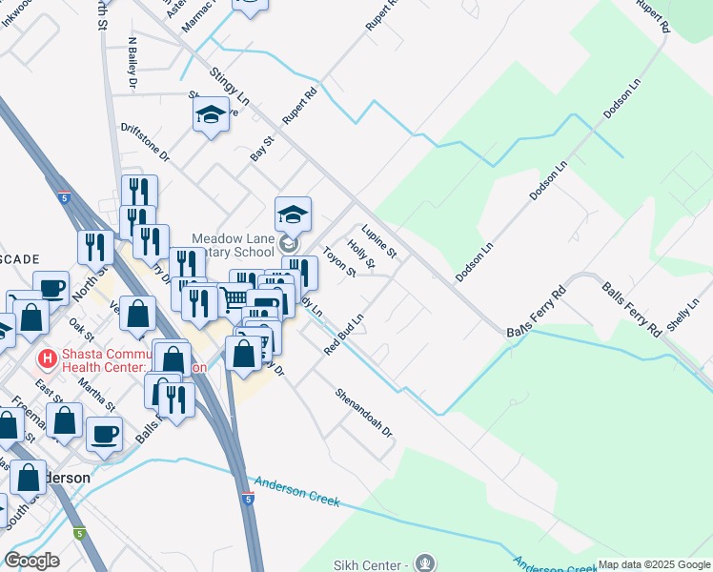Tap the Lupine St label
click(379, 242)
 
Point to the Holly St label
click(361, 253)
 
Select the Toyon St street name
click(338, 263)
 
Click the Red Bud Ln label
click(344, 336)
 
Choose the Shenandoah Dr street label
click(364, 412)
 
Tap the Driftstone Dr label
click(145, 141)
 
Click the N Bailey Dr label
click(132, 61)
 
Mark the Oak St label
click(82, 330)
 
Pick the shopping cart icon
click(232, 299)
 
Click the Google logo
click(31, 561)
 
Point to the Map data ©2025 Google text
click(653, 565)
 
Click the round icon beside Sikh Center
click(425, 563)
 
